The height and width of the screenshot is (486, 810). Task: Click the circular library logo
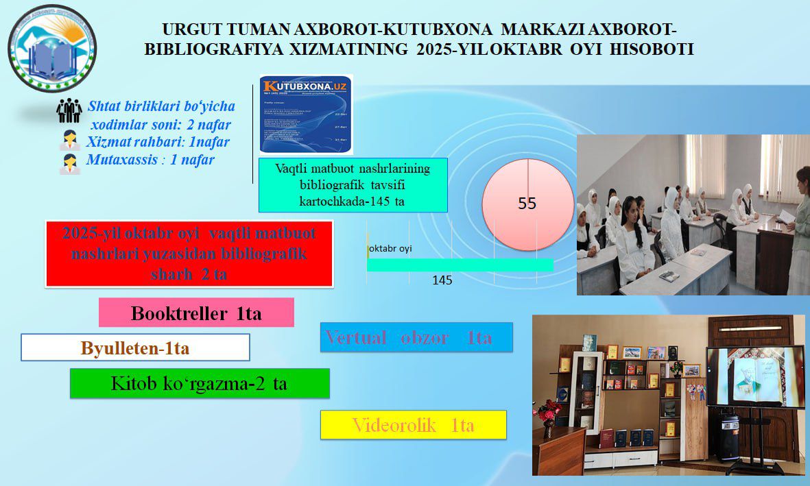(x=52, y=49)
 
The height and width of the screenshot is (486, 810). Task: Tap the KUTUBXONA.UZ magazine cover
(x=307, y=114)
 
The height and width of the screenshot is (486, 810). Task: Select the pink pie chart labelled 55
(x=527, y=204)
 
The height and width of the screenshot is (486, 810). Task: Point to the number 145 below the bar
(x=442, y=280)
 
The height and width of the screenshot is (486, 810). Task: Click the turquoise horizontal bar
(x=460, y=265)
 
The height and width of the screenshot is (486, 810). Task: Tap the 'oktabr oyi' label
(x=391, y=249)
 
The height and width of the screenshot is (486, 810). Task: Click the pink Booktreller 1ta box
(x=196, y=313)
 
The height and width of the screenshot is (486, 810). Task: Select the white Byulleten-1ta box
(x=135, y=348)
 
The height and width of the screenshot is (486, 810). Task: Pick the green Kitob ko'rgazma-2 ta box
(x=200, y=384)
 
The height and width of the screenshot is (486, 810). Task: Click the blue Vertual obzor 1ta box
(x=416, y=337)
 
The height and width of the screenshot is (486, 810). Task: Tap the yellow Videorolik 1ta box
(x=414, y=425)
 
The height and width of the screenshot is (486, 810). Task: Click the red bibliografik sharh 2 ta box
(x=189, y=254)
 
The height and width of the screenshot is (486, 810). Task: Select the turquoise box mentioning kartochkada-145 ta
(x=353, y=185)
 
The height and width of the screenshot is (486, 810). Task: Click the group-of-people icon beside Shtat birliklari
(x=69, y=111)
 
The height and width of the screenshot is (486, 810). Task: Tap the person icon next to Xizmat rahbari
(x=69, y=141)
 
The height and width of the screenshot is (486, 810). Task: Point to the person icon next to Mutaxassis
(x=69, y=163)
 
